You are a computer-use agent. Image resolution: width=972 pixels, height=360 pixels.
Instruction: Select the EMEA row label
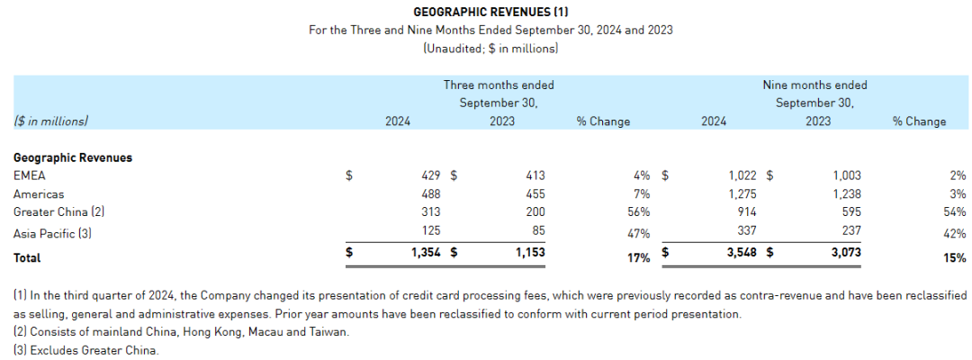[29, 175]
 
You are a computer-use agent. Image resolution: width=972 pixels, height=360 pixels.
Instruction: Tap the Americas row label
[39, 193]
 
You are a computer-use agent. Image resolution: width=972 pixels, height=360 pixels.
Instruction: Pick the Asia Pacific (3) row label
[53, 232]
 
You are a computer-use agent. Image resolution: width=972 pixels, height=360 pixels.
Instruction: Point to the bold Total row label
[27, 257]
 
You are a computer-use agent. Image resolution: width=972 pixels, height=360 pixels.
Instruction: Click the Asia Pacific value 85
[537, 232]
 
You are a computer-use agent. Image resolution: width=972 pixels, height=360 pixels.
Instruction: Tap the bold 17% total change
[638, 257]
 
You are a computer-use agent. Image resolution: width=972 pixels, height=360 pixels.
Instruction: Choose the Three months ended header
[499, 85]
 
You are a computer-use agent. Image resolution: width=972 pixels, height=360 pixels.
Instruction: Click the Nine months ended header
[814, 85]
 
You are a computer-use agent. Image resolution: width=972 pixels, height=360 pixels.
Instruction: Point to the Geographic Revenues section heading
[73, 157]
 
